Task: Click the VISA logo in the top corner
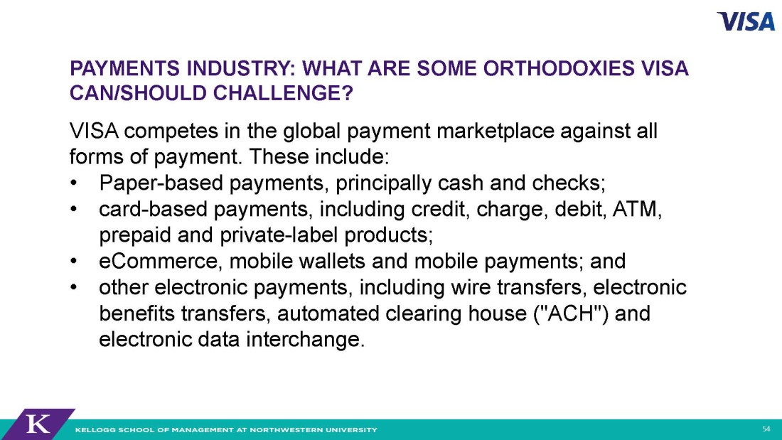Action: [x=746, y=21]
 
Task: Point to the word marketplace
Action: [x=496, y=132]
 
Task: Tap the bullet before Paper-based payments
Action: [x=74, y=183]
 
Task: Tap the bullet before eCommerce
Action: [x=74, y=262]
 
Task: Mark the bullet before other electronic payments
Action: [x=74, y=288]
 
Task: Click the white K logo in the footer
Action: [x=38, y=424]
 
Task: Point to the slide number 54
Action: [x=766, y=429]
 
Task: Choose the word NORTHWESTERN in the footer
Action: [x=290, y=429]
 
